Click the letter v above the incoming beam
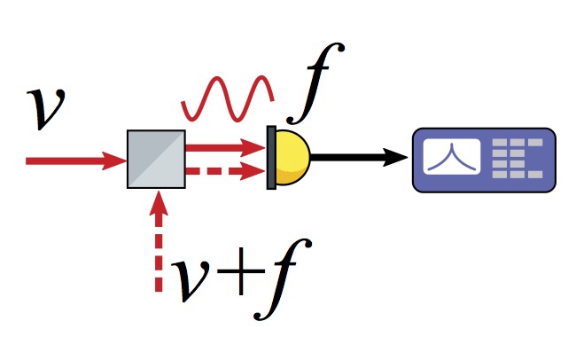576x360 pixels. pyautogui.click(x=45, y=108)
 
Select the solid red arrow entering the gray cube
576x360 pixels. pyautogui.click(x=76, y=160)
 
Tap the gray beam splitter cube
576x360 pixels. pyautogui.click(x=156, y=160)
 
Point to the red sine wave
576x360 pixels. pyautogui.click(x=228, y=98)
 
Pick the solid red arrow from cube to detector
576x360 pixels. pyautogui.click(x=226, y=148)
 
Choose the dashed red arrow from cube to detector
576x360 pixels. pyautogui.click(x=226, y=171)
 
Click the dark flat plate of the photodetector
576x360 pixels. pyautogui.click(x=271, y=158)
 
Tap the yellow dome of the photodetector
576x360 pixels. pyautogui.click(x=293, y=157)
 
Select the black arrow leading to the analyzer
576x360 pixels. pyautogui.click(x=359, y=157)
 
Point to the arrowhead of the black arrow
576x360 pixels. pyautogui.click(x=395, y=157)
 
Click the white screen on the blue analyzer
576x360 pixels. pyautogui.click(x=452, y=157)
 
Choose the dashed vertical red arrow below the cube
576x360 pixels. pyautogui.click(x=159, y=241)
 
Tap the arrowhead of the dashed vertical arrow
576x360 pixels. pyautogui.click(x=159, y=203)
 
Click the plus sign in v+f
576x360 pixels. pyautogui.click(x=241, y=271)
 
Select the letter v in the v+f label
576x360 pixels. pyautogui.click(x=191, y=280)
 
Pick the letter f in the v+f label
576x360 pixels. pyautogui.click(x=283, y=279)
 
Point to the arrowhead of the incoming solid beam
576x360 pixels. pyautogui.click(x=114, y=160)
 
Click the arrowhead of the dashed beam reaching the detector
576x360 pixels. pyautogui.click(x=253, y=171)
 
